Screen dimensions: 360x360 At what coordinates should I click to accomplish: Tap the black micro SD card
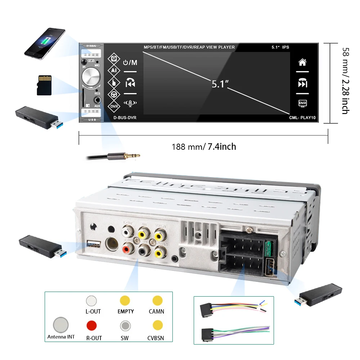pyautogui.click(x=44, y=85)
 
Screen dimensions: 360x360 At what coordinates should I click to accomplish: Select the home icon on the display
pyautogui.click(x=302, y=62)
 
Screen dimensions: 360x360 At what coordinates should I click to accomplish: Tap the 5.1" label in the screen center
pyautogui.click(x=220, y=84)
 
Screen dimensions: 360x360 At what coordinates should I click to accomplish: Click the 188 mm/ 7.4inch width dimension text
pyautogui.click(x=204, y=147)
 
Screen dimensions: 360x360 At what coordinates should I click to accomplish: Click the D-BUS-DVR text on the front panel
pyautogui.click(x=125, y=118)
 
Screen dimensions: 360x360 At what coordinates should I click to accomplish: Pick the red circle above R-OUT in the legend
pyautogui.click(x=91, y=325)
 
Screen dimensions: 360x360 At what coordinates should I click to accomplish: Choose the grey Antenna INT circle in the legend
pyautogui.click(x=60, y=325)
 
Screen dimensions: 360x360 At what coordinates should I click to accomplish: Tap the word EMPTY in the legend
pyautogui.click(x=126, y=311)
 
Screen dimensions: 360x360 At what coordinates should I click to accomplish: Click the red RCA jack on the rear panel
pyautogui.click(x=126, y=248)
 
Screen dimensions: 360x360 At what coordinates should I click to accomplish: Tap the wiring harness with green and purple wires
pyautogui.click(x=234, y=333)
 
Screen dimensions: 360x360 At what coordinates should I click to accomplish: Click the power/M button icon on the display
pyautogui.click(x=130, y=63)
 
